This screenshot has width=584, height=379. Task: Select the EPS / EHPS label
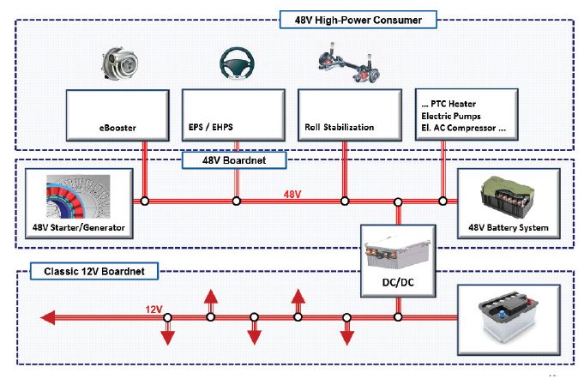212,128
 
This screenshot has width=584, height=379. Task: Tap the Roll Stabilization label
339,128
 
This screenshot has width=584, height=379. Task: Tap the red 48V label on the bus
292,194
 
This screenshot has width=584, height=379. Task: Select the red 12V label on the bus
154,309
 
